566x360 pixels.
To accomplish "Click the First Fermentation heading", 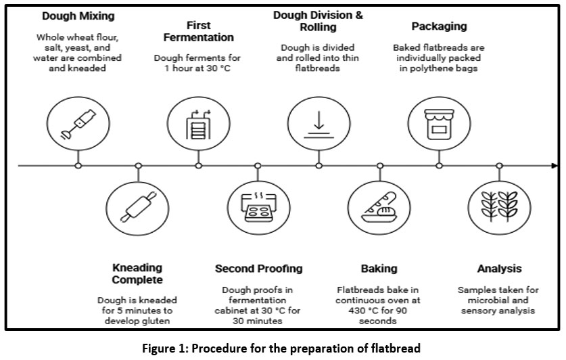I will coord(199,31).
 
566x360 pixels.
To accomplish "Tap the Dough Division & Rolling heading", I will coord(318,21).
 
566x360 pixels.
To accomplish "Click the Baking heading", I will coord(379,269).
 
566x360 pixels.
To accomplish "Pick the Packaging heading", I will coord(439,26).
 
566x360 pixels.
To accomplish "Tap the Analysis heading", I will coord(499,269).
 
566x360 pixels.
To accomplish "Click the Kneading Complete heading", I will coord(138,274).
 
